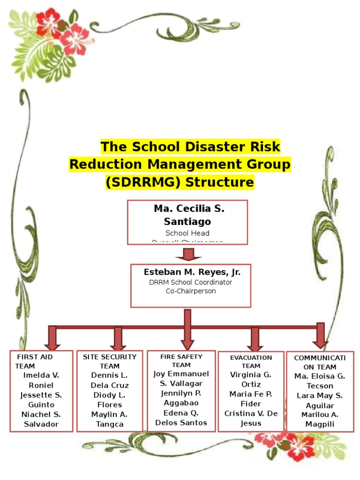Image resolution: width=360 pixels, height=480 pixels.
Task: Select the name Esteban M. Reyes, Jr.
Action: click(192, 272)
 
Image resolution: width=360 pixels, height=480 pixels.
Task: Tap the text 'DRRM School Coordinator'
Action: click(190, 282)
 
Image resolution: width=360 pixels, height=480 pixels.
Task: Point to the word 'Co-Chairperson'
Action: click(191, 291)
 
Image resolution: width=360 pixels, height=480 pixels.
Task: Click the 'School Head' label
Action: click(187, 233)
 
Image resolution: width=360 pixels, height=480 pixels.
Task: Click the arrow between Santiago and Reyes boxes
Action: click(188, 255)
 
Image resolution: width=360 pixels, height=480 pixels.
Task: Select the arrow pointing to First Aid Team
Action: click(52, 338)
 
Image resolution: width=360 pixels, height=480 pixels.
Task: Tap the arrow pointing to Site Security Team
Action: click(117, 338)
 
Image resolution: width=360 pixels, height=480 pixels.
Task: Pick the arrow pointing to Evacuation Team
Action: click(255, 338)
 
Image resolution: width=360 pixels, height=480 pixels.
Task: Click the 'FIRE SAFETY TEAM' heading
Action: click(181, 360)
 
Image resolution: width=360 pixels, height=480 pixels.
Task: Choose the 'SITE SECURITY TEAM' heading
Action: click(110, 361)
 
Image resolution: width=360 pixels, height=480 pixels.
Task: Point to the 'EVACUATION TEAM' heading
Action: click(251, 361)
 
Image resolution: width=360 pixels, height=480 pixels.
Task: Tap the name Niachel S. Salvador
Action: click(41, 419)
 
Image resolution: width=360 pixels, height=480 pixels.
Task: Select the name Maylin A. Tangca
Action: click(110, 419)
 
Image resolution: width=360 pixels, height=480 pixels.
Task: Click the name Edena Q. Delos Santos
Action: click(181, 418)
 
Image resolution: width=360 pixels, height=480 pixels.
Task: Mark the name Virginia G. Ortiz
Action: click(251, 379)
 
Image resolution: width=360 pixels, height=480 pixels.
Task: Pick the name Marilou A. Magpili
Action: click(320, 419)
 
